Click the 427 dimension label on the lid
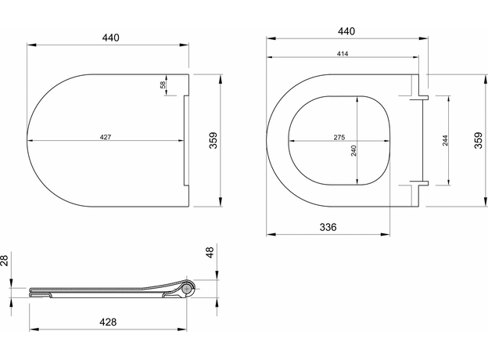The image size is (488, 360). tap(106, 137)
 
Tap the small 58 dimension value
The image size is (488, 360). tap(163, 85)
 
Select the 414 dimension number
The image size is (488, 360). tap(343, 54)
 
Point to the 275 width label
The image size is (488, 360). tap(339, 137)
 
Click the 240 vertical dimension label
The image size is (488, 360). tap(353, 151)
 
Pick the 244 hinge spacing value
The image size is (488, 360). tap(445, 140)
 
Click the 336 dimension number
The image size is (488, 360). tap(328, 227)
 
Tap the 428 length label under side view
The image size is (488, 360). tap(108, 322)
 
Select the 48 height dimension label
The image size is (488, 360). tap(210, 252)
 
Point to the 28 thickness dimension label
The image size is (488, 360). tap(4, 260)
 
